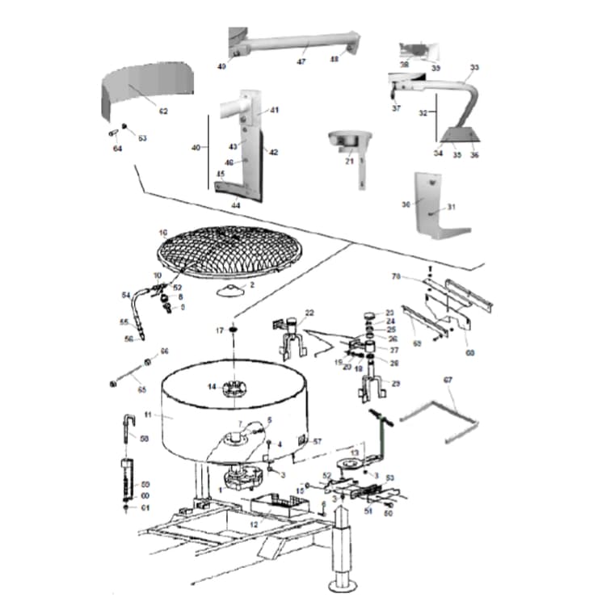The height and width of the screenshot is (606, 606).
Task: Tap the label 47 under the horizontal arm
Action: pos(301,61)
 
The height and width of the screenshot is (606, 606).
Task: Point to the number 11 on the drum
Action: pos(148,415)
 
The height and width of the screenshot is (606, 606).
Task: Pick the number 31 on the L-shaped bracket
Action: pos(452,207)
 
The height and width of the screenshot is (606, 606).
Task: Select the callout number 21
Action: pos(350,161)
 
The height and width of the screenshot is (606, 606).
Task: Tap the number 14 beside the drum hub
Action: pos(212,387)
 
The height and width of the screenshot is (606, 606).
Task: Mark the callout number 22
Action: pos(309,313)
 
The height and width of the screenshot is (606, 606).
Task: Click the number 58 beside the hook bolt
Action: pos(145,439)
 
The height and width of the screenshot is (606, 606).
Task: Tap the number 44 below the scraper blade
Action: pos(236,205)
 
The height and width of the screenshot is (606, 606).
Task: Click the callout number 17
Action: pos(219,330)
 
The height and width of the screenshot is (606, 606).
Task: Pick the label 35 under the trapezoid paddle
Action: pos(457,154)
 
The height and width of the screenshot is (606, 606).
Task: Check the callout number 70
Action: pos(419,277)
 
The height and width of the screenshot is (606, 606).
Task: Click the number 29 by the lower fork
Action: pos(395,383)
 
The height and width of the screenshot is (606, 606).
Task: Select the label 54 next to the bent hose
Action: pos(125,294)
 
